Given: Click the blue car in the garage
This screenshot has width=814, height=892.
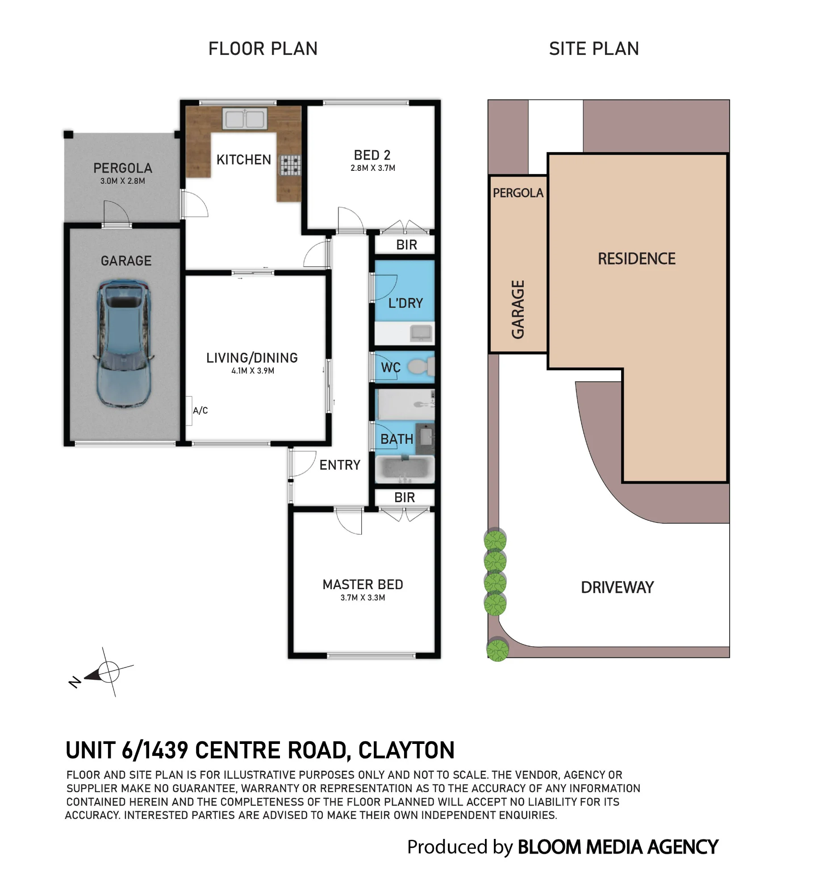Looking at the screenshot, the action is click(x=123, y=343).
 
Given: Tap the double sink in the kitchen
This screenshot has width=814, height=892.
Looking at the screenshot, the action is click(x=245, y=119).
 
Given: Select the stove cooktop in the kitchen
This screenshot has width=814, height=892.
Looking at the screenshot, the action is click(x=290, y=165).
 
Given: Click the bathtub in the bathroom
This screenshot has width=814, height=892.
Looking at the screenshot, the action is click(x=405, y=469).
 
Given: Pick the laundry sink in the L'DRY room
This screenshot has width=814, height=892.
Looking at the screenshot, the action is click(x=421, y=333).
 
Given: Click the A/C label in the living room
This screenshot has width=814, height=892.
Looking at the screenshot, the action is click(x=200, y=410).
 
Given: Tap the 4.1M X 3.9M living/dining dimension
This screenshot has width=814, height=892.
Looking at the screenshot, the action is click(x=253, y=371).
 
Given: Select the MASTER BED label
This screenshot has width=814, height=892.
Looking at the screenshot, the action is click(x=363, y=584).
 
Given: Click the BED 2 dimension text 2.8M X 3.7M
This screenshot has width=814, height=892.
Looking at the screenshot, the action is click(x=373, y=168).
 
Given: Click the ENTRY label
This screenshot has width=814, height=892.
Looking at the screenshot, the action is click(x=340, y=465).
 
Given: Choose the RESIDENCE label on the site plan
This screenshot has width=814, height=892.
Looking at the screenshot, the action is click(x=636, y=259).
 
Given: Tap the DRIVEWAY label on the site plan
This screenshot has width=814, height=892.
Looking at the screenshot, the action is click(x=617, y=587).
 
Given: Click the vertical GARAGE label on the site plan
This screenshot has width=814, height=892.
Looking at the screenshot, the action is click(x=518, y=310).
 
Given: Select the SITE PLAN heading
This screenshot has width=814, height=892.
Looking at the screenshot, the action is click(x=594, y=49).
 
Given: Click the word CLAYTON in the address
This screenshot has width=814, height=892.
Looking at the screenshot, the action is click(x=406, y=750).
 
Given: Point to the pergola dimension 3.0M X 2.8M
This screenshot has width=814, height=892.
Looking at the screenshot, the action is click(x=123, y=181).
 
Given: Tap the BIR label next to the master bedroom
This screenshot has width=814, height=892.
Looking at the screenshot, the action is click(x=405, y=497).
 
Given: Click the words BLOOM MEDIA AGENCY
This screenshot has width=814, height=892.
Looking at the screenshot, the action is click(x=618, y=847).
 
